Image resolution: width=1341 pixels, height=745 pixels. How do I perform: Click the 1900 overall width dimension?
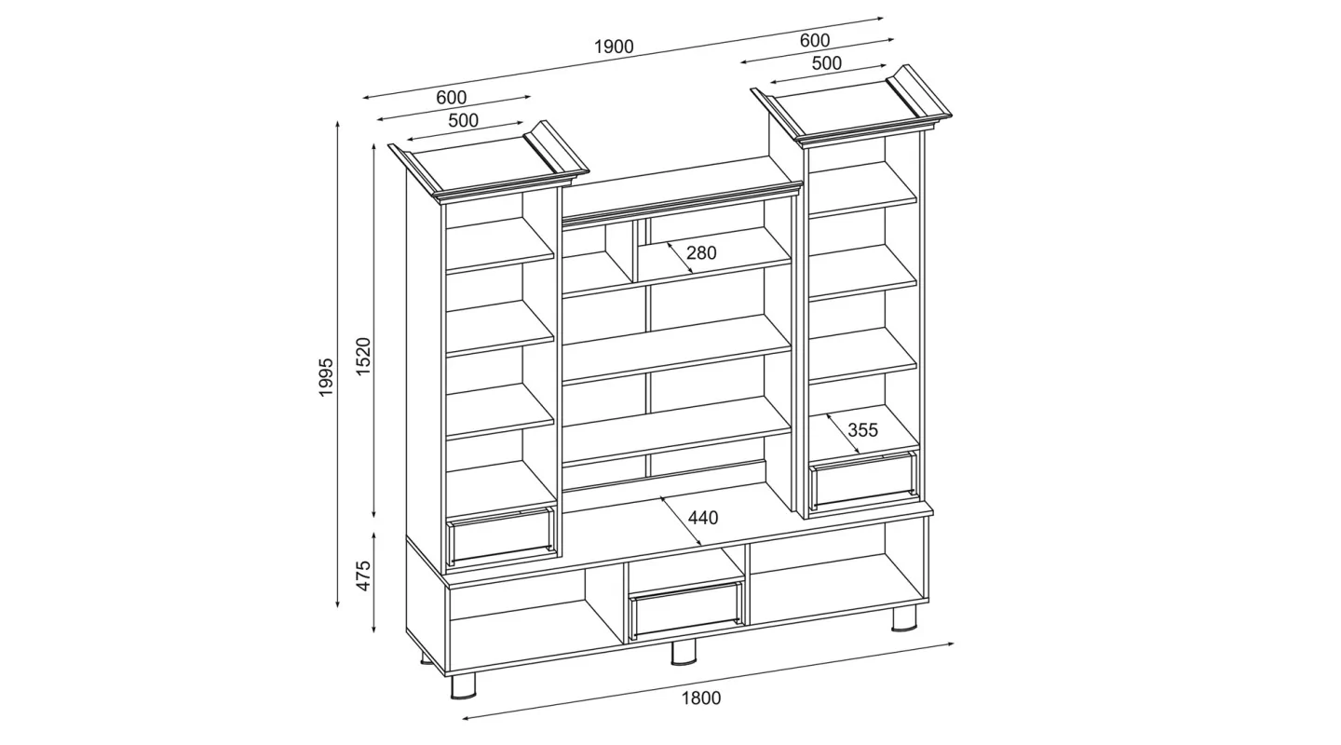tap(614, 47)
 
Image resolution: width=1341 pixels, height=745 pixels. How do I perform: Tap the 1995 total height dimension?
tap(325, 377)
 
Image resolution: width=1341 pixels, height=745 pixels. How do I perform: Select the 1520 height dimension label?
tap(363, 357)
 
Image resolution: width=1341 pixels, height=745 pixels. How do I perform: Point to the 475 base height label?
tap(363, 576)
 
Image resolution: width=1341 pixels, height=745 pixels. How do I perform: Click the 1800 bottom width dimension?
tap(701, 698)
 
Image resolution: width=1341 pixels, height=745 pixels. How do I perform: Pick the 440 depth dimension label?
tap(703, 518)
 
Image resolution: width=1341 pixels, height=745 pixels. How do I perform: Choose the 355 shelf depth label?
tap(862, 429)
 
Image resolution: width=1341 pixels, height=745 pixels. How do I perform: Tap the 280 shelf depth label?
tap(701, 252)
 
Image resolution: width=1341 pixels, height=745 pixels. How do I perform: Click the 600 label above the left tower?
tap(452, 97)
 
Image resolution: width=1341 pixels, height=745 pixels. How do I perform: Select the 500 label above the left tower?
tap(464, 120)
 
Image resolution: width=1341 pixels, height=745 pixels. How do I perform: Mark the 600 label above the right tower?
tap(815, 40)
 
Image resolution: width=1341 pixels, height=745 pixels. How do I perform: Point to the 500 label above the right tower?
tap(827, 63)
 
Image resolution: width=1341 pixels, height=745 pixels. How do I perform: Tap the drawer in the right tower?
tap(863, 479)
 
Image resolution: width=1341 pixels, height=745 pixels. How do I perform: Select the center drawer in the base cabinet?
tap(685, 608)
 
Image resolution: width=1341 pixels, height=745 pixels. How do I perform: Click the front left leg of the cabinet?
tap(463, 686)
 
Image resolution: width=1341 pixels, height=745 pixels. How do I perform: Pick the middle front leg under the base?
tap(684, 653)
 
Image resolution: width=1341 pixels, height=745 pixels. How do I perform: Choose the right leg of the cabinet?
tap(904, 619)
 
